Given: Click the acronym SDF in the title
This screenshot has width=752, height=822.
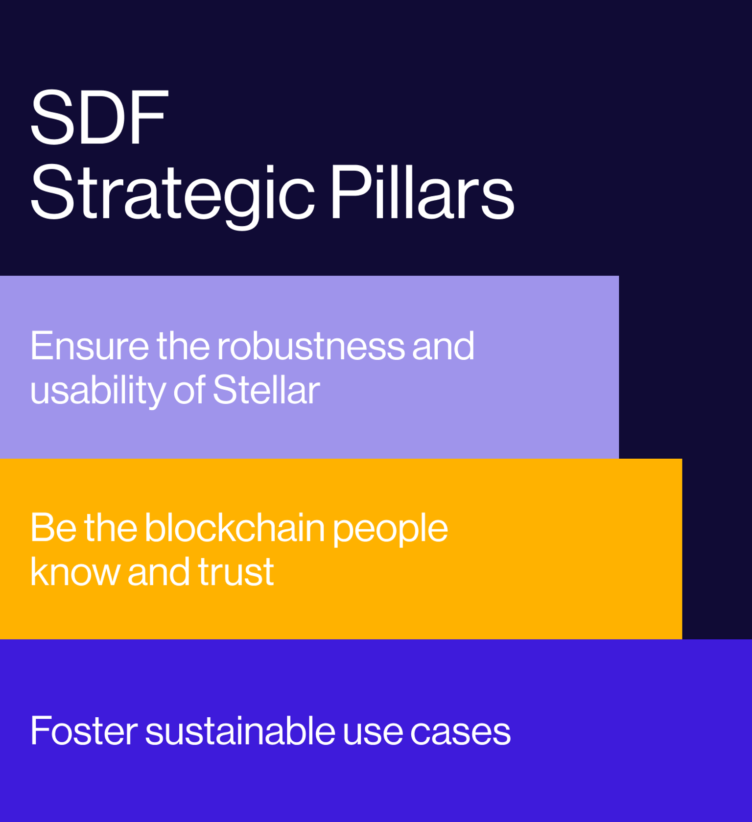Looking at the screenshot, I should click(99, 117).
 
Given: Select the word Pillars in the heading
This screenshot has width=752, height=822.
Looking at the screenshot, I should click(422, 192).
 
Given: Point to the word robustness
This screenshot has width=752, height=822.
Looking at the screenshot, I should click(311, 346).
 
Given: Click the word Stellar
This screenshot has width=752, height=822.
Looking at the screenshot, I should click(266, 390).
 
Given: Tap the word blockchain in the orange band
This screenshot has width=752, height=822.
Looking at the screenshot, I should click(235, 528).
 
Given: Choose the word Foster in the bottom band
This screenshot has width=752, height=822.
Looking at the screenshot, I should click(84, 731).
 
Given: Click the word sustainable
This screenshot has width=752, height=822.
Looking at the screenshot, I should click(240, 731).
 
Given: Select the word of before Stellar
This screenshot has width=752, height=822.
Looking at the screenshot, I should click(188, 390).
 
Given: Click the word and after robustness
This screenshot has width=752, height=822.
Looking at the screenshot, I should click(443, 346).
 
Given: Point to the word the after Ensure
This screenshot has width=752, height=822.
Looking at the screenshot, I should click(183, 346).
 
